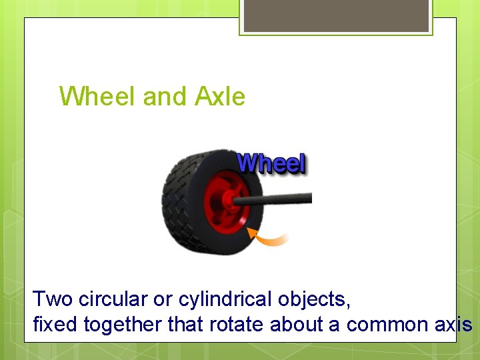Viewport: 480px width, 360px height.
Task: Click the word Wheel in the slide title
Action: coord(98,97)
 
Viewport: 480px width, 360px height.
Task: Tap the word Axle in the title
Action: coord(220,97)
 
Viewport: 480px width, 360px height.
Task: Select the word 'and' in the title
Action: coord(165,97)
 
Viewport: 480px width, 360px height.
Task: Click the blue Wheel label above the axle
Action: coord(271,163)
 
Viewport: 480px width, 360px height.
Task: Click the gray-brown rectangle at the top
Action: coord(336,15)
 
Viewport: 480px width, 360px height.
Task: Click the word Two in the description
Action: coord(52,299)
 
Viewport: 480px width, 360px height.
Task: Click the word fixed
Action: coord(55,325)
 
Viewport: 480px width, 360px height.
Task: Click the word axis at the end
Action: coord(453,325)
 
